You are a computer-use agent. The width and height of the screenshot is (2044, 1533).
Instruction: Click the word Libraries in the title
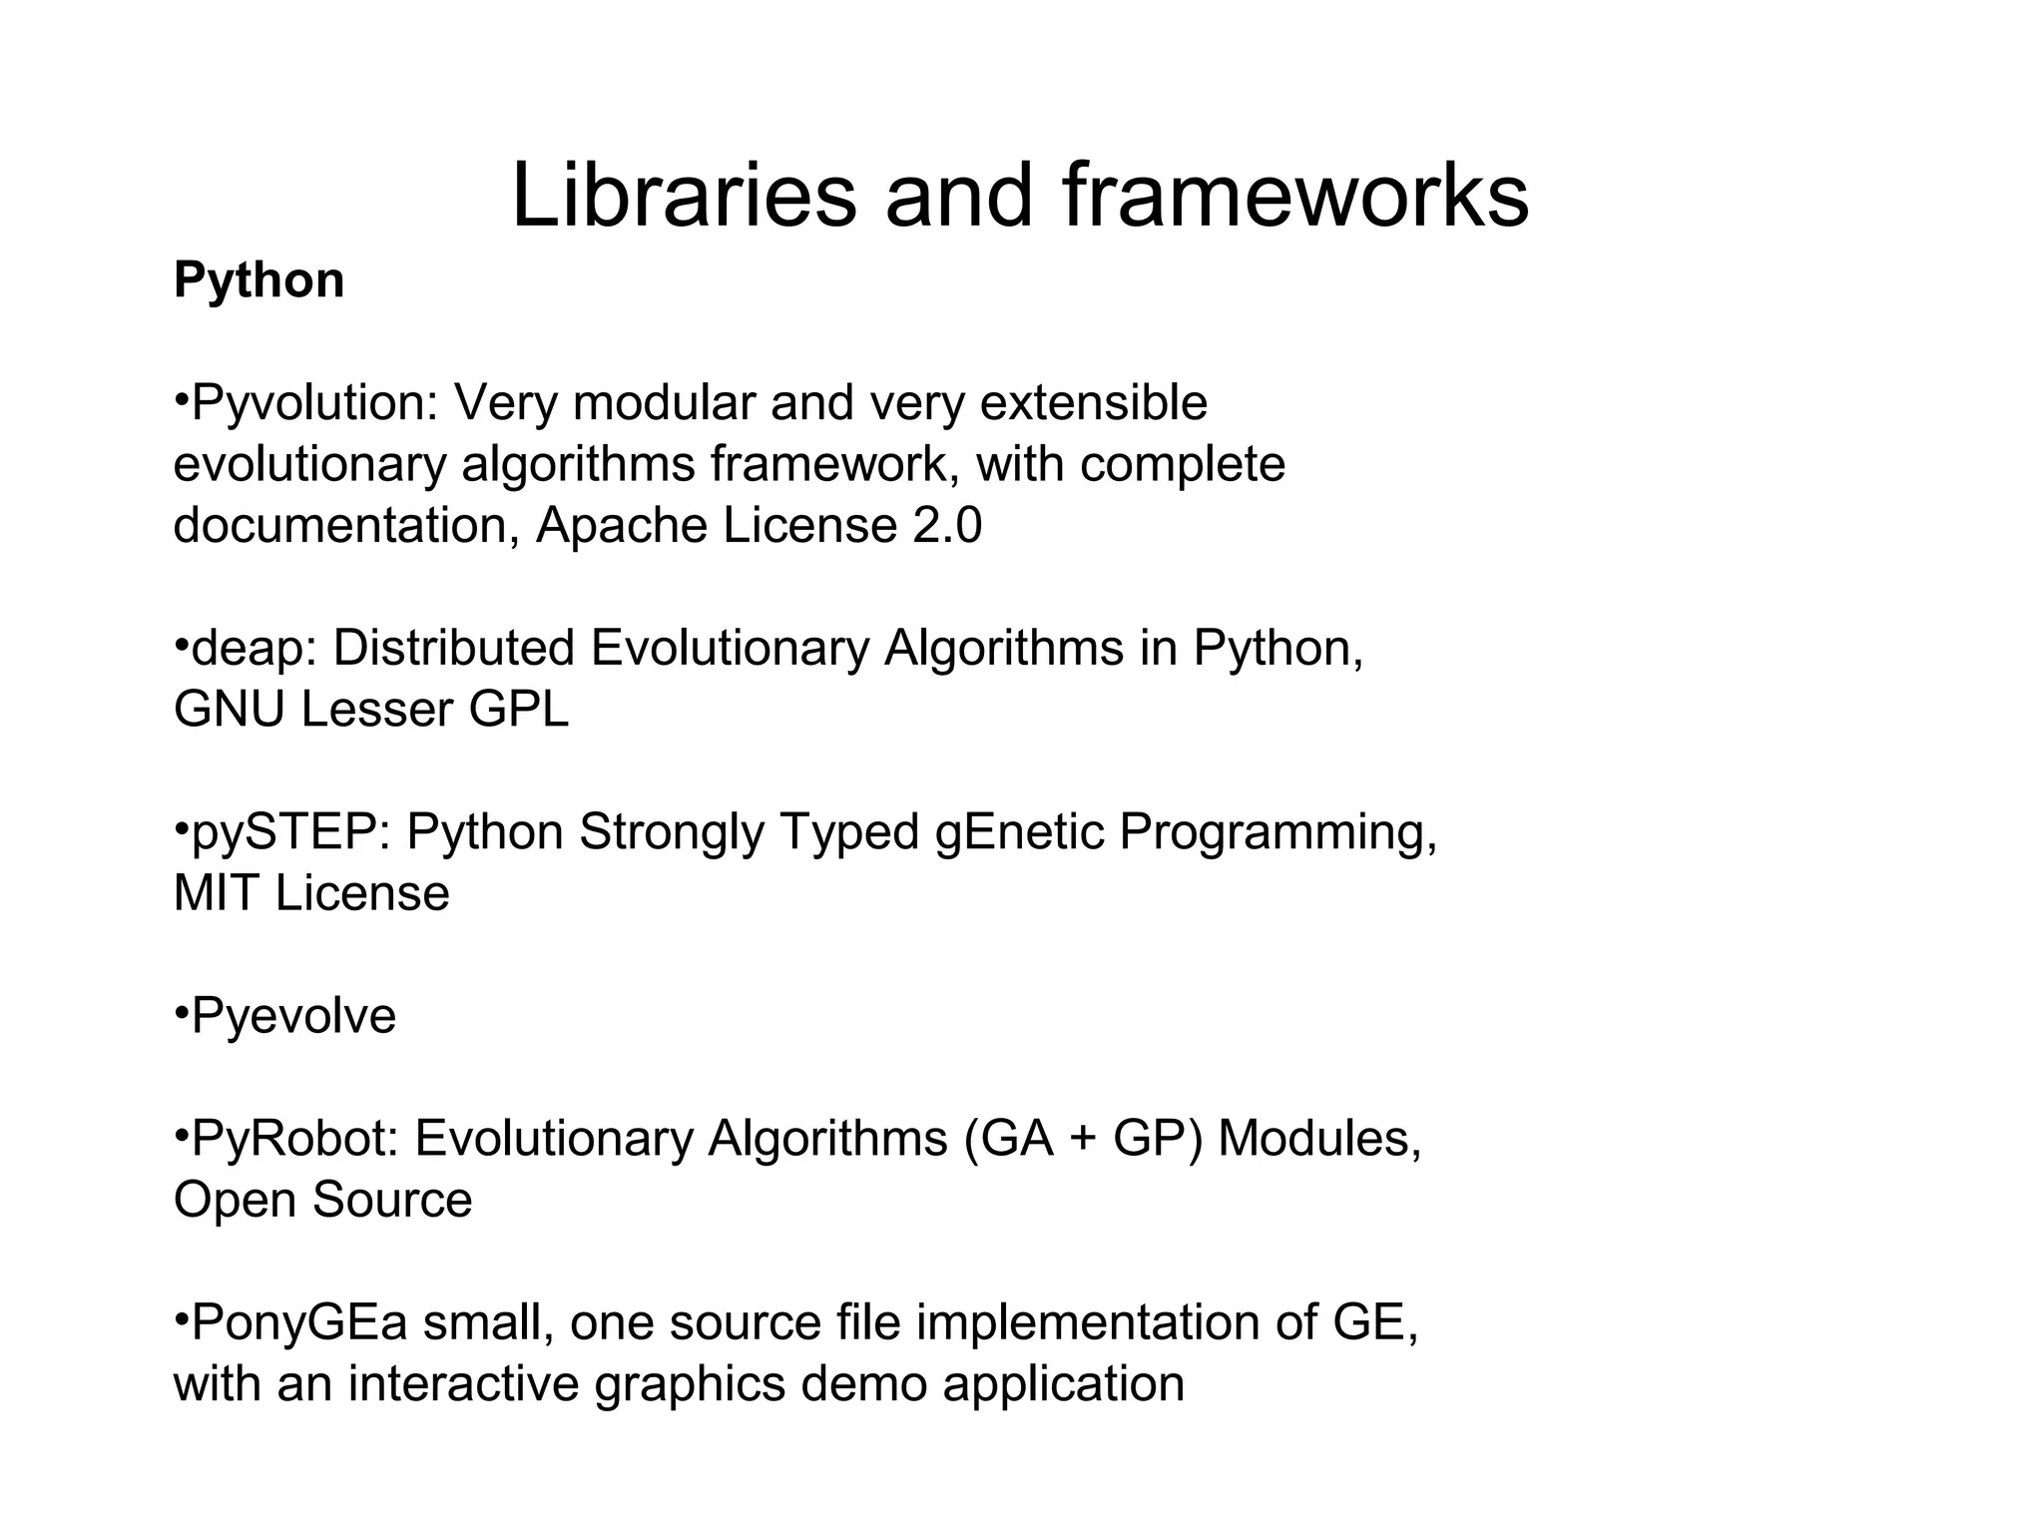pos(684,196)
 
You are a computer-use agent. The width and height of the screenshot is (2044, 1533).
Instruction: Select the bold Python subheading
pos(258,280)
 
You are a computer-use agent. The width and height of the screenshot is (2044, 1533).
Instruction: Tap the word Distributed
pos(454,649)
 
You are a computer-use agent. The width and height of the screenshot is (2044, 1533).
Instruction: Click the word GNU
pos(229,711)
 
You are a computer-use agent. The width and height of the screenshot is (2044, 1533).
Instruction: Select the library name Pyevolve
pos(293,1017)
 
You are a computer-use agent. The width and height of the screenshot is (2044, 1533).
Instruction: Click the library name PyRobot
pos(295,1139)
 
